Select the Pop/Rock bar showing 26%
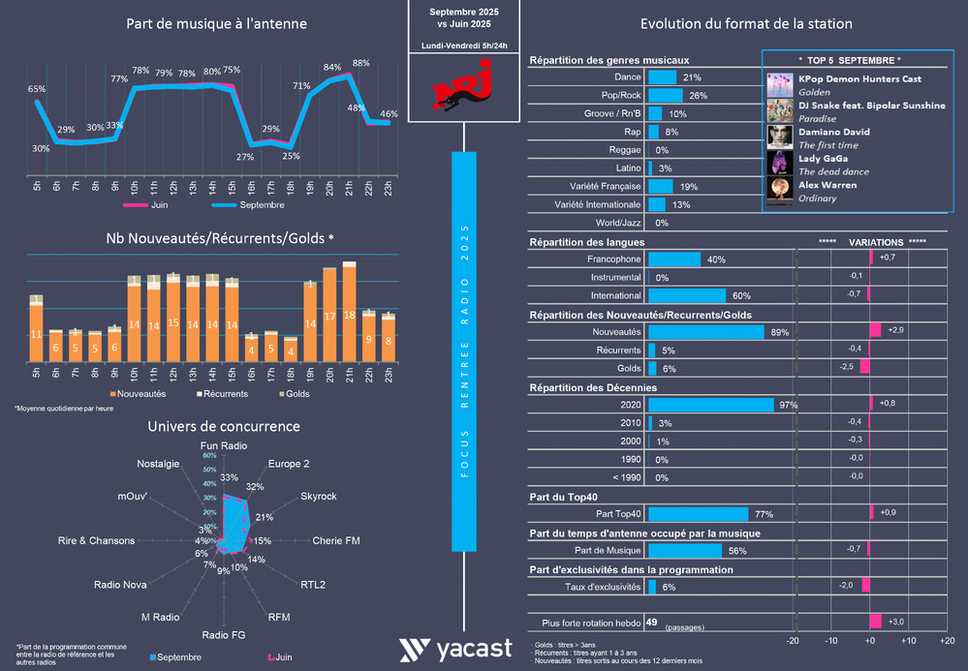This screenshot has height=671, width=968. pyautogui.click(x=664, y=95)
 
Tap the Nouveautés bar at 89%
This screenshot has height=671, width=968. pyautogui.click(x=705, y=331)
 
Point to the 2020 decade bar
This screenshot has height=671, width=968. pyautogui.click(x=709, y=404)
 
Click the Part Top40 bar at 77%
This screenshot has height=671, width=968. pyautogui.click(x=698, y=513)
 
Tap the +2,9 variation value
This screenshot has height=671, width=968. pyautogui.click(x=896, y=331)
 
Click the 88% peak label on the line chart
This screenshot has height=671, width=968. pyautogui.click(x=360, y=63)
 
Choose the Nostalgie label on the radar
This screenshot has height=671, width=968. pyautogui.click(x=158, y=463)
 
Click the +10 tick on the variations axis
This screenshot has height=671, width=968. pyautogui.click(x=909, y=641)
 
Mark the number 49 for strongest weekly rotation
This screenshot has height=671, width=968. pyautogui.click(x=652, y=623)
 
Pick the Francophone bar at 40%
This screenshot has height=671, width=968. pyautogui.click(x=672, y=259)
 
